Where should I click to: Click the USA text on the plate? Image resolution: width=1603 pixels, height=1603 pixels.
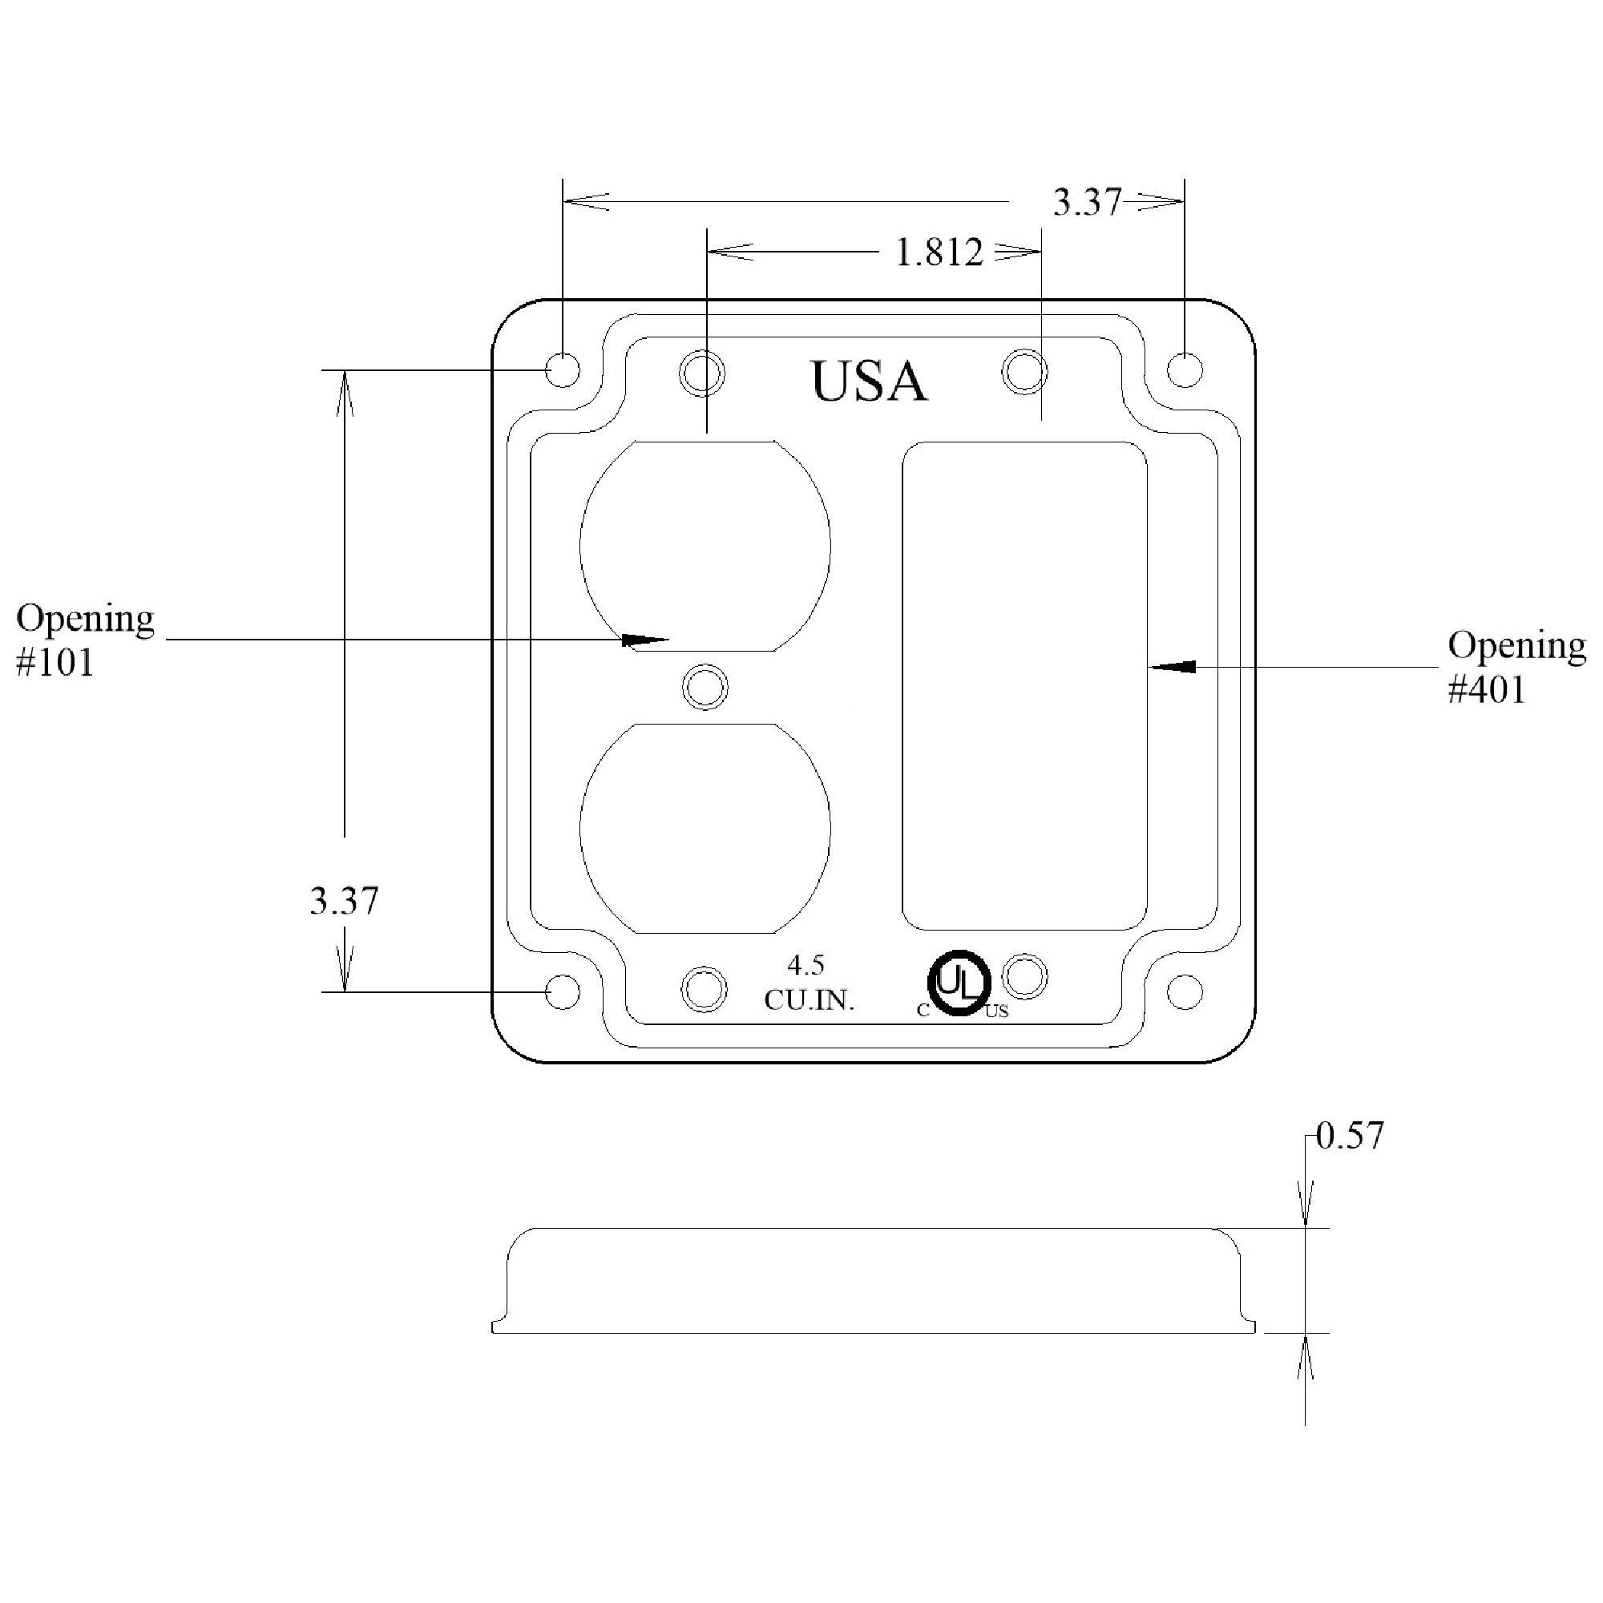coord(868,382)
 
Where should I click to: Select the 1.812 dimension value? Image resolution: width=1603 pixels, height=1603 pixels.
coord(939,252)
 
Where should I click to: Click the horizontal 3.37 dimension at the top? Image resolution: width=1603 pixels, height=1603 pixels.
coord(1086,203)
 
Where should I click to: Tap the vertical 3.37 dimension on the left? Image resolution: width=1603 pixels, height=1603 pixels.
coord(344,901)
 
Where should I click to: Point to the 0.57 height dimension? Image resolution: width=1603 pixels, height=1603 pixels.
coord(1350,1136)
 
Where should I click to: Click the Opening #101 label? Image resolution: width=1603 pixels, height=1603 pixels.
coord(85,640)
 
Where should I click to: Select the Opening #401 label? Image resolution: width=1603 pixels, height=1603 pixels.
coord(1516,667)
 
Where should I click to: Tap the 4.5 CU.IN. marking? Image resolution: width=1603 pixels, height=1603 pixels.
coord(808,983)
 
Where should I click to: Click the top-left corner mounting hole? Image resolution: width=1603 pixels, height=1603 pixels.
coord(563,370)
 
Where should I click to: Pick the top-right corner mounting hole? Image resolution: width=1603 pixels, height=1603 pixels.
coord(1184,370)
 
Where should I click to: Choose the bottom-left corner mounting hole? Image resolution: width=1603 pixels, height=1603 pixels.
coord(562,991)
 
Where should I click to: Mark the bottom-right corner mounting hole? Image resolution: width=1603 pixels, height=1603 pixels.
coord(1184,991)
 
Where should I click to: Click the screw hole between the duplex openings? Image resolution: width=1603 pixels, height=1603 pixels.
coord(705,687)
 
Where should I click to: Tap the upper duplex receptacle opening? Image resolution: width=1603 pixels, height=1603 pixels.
coord(705,545)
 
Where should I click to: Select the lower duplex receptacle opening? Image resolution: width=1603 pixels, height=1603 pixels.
coord(705,828)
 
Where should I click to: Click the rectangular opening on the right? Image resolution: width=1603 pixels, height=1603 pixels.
coord(1024,685)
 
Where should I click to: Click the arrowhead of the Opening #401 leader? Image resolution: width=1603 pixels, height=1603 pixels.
coord(1173,666)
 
